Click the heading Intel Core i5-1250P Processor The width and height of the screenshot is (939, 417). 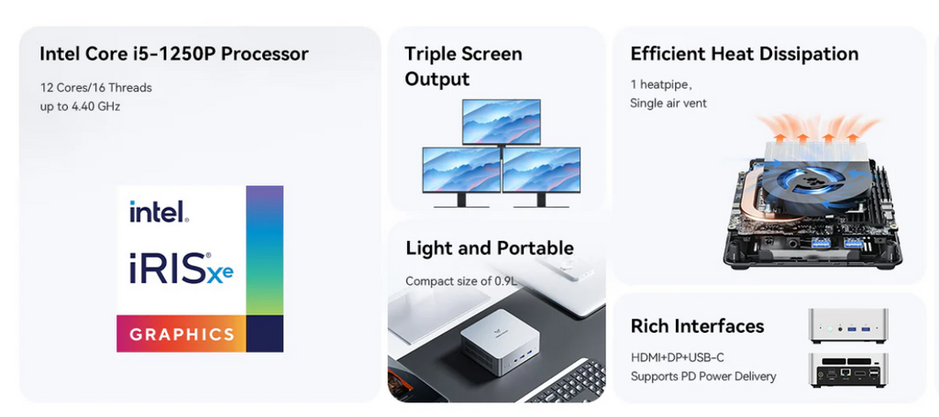pyautogui.click(x=173, y=54)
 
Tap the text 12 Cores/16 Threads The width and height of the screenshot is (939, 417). pyautogui.click(x=95, y=88)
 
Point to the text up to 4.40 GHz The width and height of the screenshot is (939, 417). pyautogui.click(x=81, y=107)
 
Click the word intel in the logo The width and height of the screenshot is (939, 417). pyautogui.click(x=160, y=211)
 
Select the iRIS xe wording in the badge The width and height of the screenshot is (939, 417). pyautogui.click(x=182, y=268)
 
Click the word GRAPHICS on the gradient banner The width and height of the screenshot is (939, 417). pyautogui.click(x=182, y=334)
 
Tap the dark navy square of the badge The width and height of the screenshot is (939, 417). pyautogui.click(x=265, y=334)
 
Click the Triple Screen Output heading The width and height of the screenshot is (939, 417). pyautogui.click(x=463, y=66)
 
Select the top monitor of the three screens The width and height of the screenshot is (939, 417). pyautogui.click(x=502, y=122)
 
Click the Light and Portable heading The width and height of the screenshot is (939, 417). pyautogui.click(x=490, y=248)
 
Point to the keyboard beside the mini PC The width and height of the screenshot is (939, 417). pyautogui.click(x=567, y=381)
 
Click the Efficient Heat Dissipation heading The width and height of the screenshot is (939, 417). pyautogui.click(x=745, y=54)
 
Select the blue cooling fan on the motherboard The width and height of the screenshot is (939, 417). pyautogui.click(x=790, y=181)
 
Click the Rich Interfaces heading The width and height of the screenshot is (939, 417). pyautogui.click(x=697, y=326)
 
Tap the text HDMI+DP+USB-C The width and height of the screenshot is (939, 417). pyautogui.click(x=678, y=357)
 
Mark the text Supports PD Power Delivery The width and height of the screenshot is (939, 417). pyautogui.click(x=703, y=377)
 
